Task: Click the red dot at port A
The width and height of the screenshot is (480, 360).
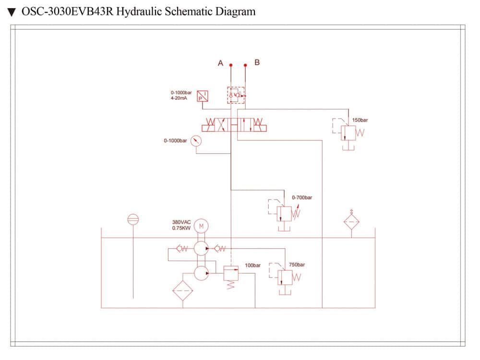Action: tap(231, 65)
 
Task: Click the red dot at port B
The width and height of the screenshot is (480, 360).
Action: tap(246, 65)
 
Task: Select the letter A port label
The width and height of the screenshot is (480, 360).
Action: tap(221, 63)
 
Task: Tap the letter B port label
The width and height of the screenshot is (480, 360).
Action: tap(257, 62)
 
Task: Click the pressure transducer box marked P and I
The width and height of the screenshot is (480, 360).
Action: tap(203, 96)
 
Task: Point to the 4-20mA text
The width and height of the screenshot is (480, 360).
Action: tap(179, 98)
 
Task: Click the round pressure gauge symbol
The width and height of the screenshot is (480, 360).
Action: tap(196, 141)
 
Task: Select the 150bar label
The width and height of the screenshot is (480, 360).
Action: tap(360, 120)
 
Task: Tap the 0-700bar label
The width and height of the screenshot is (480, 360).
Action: tap(302, 197)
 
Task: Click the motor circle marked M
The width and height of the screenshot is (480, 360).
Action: tap(202, 226)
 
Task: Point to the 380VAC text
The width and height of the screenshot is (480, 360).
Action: tap(181, 222)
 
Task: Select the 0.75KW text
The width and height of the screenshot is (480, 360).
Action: tap(181, 228)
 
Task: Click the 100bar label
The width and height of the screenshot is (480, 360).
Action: tap(252, 265)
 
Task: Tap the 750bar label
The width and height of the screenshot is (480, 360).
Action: tap(297, 264)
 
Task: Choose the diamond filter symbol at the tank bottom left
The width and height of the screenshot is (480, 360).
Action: tap(182, 290)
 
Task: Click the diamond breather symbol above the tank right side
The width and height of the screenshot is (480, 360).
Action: tap(351, 222)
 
